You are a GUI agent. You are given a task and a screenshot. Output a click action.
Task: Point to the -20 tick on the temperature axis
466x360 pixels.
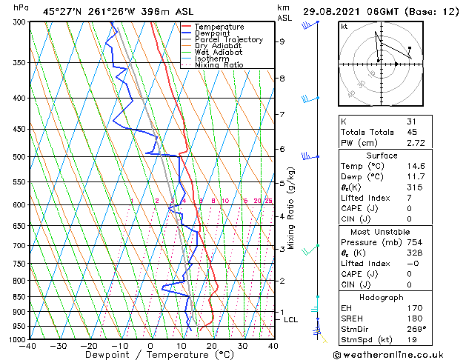pos(89,345)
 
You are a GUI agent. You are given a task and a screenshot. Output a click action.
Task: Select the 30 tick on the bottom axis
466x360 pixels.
pos(242,345)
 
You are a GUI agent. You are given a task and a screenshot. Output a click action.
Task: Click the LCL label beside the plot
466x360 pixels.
pos(290,319)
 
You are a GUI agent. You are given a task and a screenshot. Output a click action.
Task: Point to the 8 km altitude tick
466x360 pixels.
pos(282,78)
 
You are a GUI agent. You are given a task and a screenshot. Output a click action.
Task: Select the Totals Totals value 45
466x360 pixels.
pos(411,131)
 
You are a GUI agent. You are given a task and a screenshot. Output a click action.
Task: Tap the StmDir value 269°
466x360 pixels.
pos(416,329)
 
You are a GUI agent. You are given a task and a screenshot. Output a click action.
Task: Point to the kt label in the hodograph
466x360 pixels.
pos(344,26)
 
